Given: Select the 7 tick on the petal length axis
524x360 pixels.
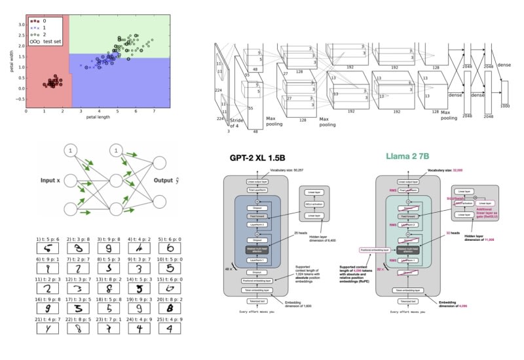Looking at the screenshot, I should (x=155, y=112).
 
